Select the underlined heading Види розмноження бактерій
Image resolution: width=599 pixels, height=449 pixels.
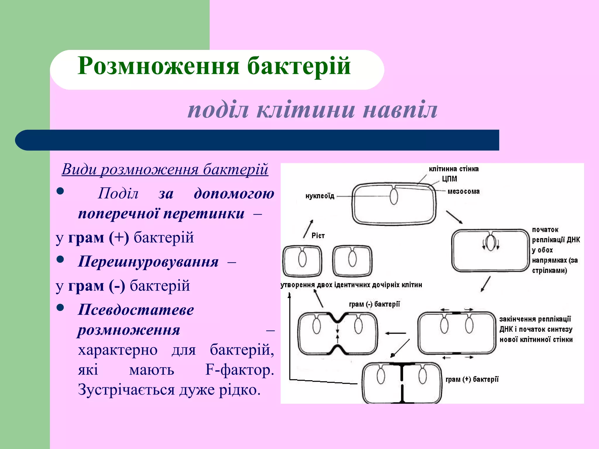coord(165,169)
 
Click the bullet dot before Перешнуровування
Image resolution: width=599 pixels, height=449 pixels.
coord(60,259)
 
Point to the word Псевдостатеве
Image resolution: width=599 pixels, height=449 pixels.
coord(136,310)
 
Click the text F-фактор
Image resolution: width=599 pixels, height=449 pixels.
coord(239,370)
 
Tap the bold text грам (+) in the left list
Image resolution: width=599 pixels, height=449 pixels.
coord(98,237)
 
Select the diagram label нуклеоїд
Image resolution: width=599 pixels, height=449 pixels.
coord(320,196)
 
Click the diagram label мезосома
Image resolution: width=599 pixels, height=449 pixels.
coord(464,191)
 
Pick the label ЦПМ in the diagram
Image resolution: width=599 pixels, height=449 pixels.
coord(450,179)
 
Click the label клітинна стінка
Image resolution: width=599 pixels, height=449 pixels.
coord(454,169)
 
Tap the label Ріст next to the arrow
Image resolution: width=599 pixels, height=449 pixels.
coord(318,236)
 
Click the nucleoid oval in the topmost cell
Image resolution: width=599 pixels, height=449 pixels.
coord(394,196)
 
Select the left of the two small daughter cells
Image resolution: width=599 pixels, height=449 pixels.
coord(302,261)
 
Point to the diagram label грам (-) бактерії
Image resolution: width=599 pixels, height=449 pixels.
coord(374,304)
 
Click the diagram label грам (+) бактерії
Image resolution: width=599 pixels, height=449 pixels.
coord(472,379)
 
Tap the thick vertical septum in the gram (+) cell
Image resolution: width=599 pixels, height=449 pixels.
coord(402,383)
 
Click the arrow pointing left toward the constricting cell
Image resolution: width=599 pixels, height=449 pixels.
coord(395,333)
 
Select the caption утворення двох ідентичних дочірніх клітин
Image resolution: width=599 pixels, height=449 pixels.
coord(351,285)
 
